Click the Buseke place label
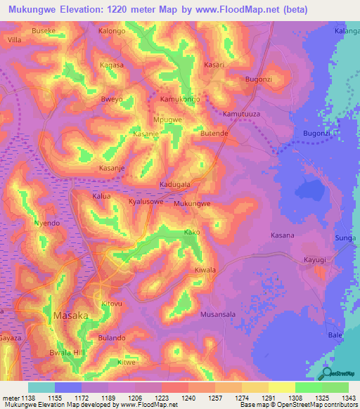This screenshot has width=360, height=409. coord(44,32)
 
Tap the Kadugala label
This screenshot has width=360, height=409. coord(175,184)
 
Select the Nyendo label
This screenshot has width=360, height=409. coord(46,223)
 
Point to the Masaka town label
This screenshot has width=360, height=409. coord(71,316)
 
